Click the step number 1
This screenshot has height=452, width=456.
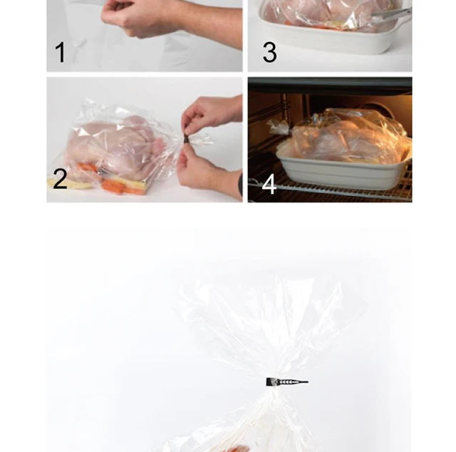point(61,52)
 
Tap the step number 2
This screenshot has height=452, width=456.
point(60,178)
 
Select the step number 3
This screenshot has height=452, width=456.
point(269,52)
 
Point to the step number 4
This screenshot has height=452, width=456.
point(269,184)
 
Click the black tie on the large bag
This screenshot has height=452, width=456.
point(285,383)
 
